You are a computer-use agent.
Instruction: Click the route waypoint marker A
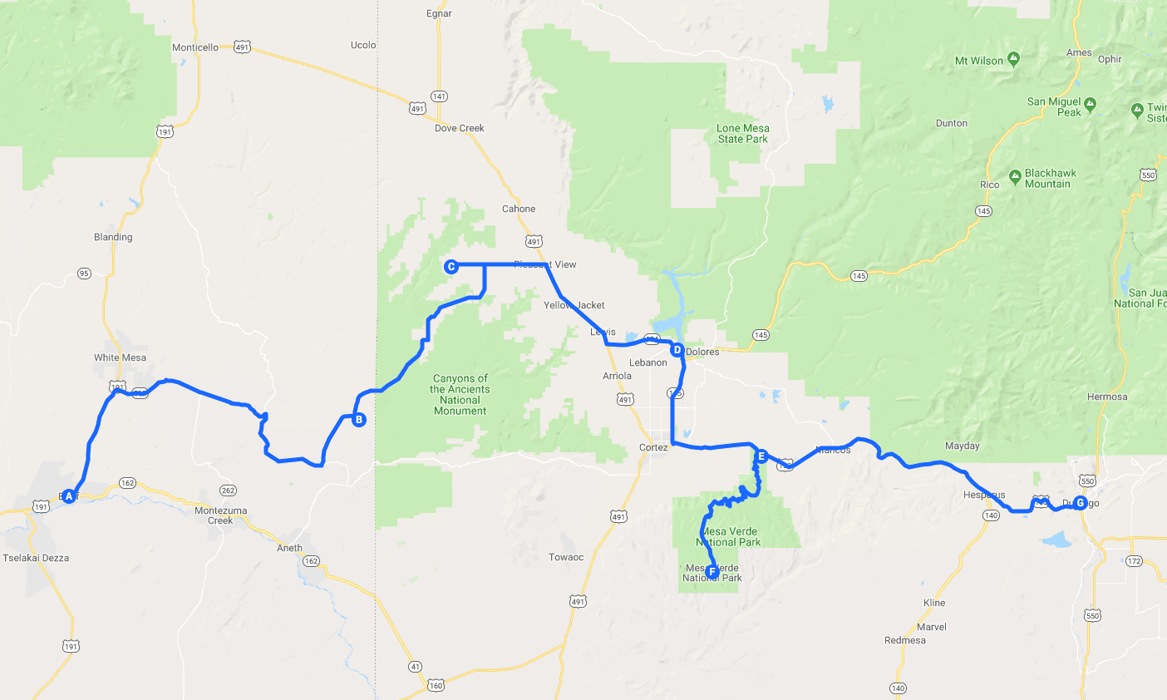click(x=69, y=496)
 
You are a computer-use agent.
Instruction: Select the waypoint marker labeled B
click(x=358, y=420)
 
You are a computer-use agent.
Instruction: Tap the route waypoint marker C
click(x=451, y=267)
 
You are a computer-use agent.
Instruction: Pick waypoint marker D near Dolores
click(x=677, y=350)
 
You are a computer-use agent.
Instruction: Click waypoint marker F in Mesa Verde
click(x=712, y=572)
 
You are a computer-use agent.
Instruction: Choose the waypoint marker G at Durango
click(x=1080, y=502)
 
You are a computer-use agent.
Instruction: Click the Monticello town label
click(x=195, y=47)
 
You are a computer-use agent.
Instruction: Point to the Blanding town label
click(x=113, y=237)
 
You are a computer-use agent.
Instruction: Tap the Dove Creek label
click(x=459, y=128)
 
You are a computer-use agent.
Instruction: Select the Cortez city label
click(x=653, y=447)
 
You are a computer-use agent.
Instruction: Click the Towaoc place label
click(x=566, y=557)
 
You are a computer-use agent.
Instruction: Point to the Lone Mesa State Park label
click(x=743, y=134)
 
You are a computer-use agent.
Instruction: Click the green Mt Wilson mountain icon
click(x=1013, y=59)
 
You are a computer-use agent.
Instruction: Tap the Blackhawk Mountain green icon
click(x=1015, y=177)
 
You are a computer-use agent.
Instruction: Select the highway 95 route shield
click(x=84, y=274)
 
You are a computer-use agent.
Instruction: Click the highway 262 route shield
click(x=228, y=490)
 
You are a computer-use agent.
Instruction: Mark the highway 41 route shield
click(x=415, y=666)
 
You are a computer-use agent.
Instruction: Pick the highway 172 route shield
click(x=1134, y=561)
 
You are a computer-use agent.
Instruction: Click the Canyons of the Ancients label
click(x=460, y=394)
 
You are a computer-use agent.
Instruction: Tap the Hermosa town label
click(x=1107, y=397)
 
